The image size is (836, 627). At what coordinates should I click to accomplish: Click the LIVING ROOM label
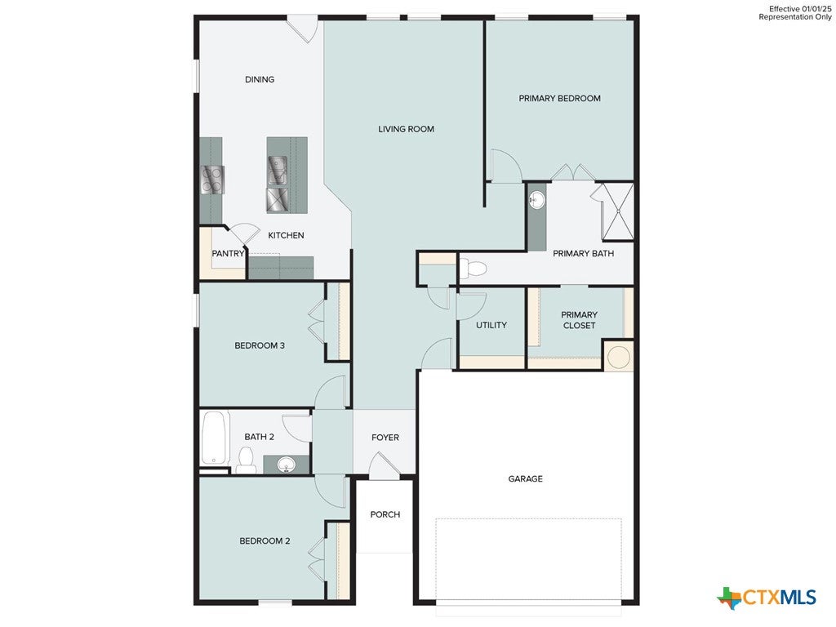(x=406, y=129)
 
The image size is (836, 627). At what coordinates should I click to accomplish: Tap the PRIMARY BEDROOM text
(x=559, y=98)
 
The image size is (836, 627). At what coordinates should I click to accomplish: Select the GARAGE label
(x=525, y=478)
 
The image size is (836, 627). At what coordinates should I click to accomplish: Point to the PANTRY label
(x=228, y=253)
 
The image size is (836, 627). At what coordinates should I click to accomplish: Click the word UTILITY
(x=491, y=325)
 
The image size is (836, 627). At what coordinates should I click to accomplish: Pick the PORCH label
(x=385, y=514)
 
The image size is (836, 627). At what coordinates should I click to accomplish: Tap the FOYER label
(x=385, y=438)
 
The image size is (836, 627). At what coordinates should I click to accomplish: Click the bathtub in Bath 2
(x=215, y=438)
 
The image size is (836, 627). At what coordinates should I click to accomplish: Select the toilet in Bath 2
(x=246, y=460)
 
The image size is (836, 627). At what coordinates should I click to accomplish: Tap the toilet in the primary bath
(x=473, y=268)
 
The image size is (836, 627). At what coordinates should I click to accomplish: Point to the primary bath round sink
(x=537, y=201)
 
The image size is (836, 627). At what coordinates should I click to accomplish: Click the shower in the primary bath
(x=617, y=211)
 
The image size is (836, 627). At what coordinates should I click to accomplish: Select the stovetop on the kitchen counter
(x=212, y=179)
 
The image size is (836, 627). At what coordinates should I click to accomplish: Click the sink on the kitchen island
(x=278, y=170)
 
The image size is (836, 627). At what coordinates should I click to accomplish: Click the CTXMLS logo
(x=767, y=597)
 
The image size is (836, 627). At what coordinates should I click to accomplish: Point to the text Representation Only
(x=795, y=17)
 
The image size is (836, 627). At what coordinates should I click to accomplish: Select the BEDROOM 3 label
(x=260, y=345)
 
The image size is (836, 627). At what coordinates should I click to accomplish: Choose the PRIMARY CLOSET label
(x=579, y=320)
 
